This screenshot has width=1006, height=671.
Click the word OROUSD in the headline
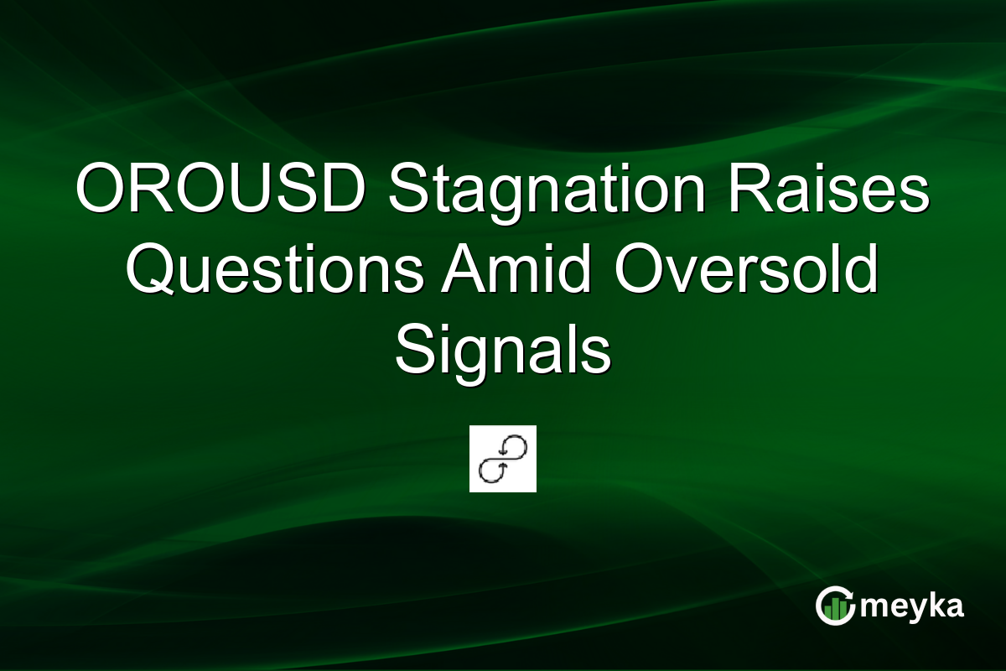220,192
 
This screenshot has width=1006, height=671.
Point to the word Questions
277,273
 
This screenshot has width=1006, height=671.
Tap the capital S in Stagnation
408,192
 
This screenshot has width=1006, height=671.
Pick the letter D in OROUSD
341,192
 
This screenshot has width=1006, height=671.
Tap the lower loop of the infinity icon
492,471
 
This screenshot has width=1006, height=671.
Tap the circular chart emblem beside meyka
834,606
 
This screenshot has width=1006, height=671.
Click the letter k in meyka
932,605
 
